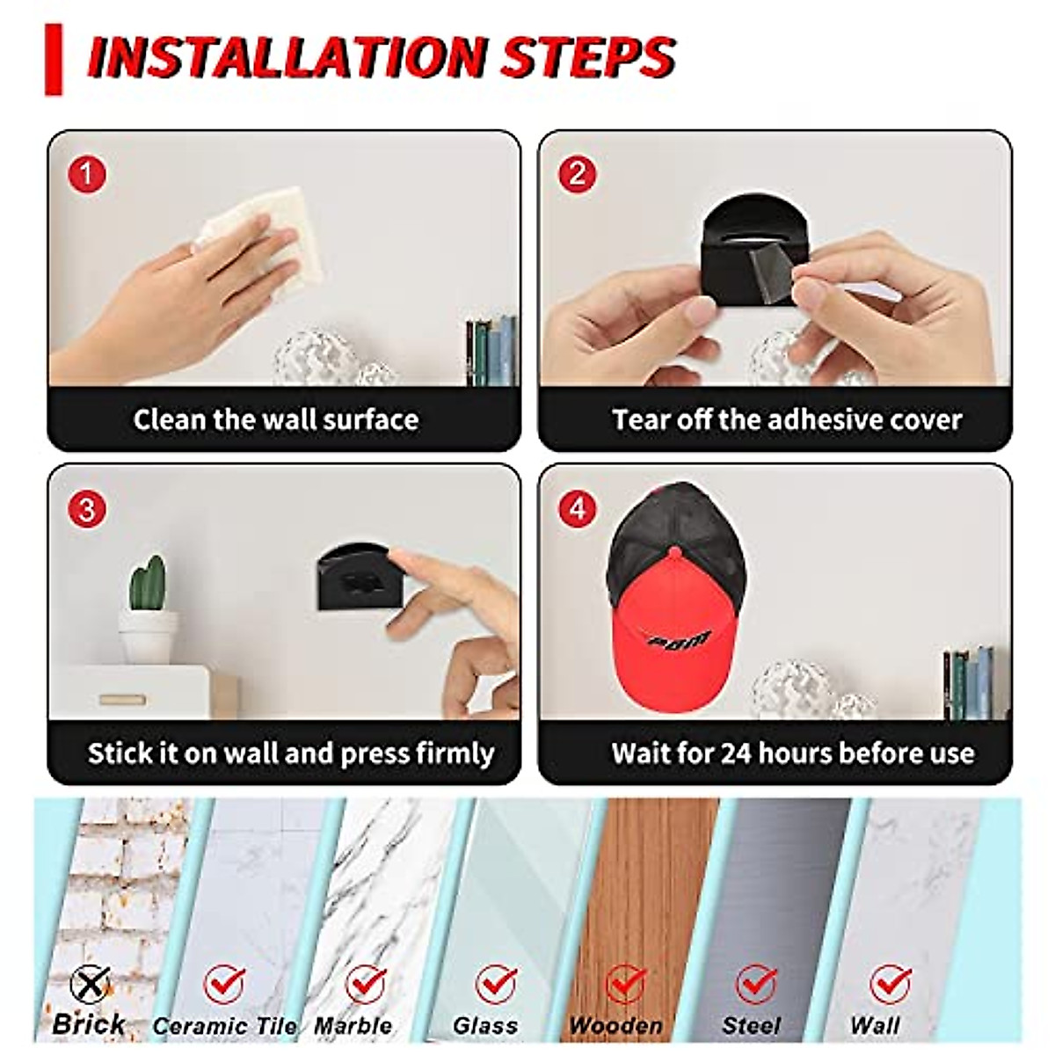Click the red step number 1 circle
[x=86, y=174]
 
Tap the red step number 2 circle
[x=577, y=174]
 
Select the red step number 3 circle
[x=86, y=509]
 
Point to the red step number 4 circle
[x=577, y=509]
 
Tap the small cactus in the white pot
[x=147, y=583]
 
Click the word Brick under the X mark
[x=88, y=1023]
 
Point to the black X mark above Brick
[x=91, y=983]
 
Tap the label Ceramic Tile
[x=224, y=1025]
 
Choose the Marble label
[x=353, y=1025]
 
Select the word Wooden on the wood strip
[x=615, y=1025]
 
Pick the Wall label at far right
[x=875, y=1025]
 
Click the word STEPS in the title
[x=587, y=57]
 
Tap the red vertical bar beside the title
[x=55, y=59]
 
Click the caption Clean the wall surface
[x=276, y=419]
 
